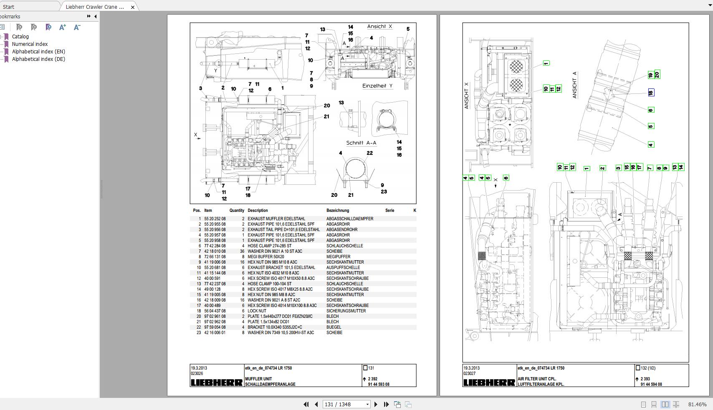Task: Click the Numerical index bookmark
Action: coord(30,44)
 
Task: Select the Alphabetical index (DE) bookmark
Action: coord(38,59)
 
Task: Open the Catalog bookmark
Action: coord(20,37)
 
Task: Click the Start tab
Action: coord(8,7)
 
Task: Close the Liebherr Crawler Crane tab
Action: coord(133,7)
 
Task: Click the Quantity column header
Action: coord(237,211)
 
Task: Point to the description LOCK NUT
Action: coord(257,311)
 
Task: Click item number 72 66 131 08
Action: coord(215,257)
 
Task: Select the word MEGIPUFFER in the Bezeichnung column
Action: coord(338,257)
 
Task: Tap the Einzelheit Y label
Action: coord(377,86)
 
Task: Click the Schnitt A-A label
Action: coord(361,143)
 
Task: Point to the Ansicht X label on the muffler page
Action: coord(379,27)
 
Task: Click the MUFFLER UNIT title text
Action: coord(258,379)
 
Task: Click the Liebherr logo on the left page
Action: coord(217,382)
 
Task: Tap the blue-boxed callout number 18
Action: coord(650,93)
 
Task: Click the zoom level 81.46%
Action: coord(697,404)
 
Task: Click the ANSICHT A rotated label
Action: coord(574,85)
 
